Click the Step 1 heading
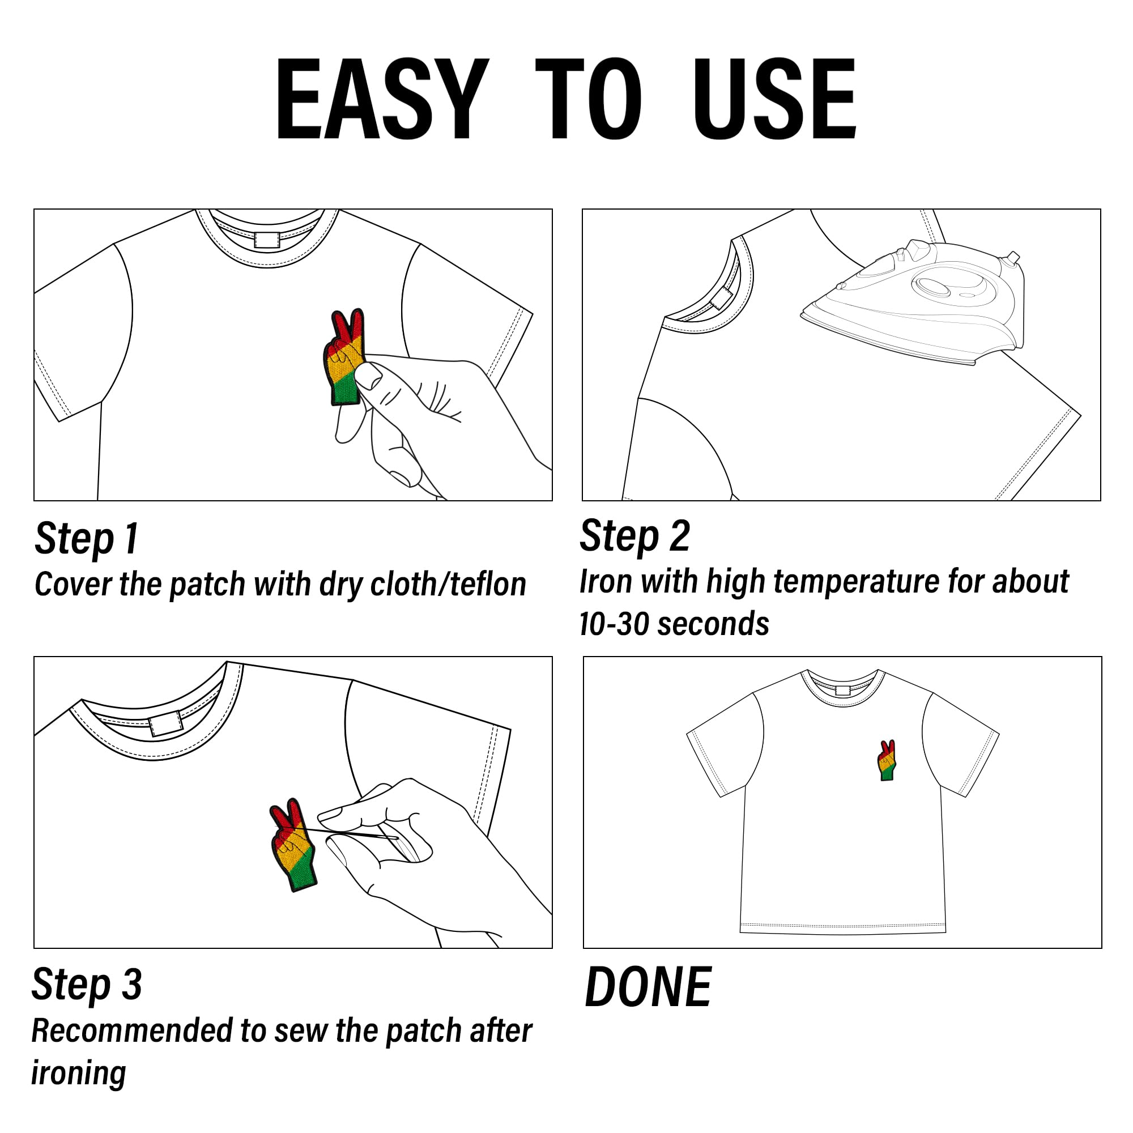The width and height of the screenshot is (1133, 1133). (x=87, y=538)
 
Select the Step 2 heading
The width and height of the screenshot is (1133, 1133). (x=634, y=536)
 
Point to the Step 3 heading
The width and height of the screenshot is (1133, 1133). (x=87, y=985)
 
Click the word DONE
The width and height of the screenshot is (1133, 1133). (x=649, y=987)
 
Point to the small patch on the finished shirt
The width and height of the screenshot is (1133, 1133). (x=887, y=760)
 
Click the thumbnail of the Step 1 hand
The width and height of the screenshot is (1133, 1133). (x=368, y=377)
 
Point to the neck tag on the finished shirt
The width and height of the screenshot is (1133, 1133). (x=843, y=689)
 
